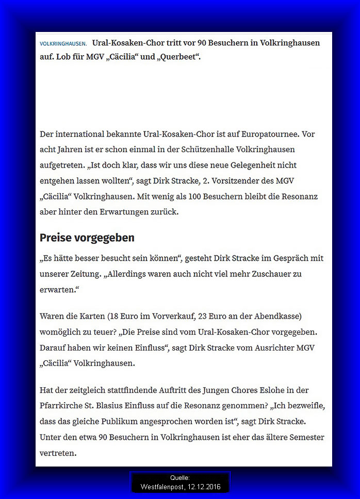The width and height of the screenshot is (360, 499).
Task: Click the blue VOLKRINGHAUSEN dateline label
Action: pos(63,44)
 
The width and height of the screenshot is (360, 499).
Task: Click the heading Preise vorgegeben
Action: pos(87,238)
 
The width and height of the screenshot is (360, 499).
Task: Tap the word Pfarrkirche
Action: pos(62,406)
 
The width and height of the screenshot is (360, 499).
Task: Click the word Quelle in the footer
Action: pos(179,478)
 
